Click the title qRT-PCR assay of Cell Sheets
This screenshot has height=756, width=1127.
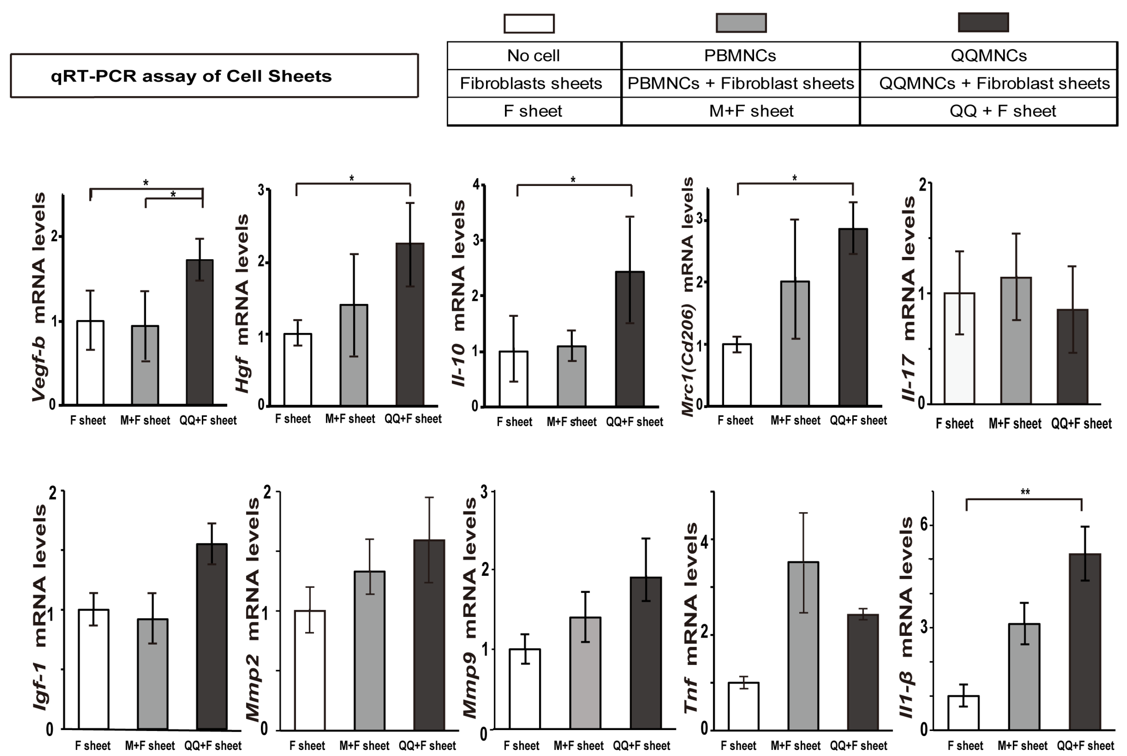pos(191,76)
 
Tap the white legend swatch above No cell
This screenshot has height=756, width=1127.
pos(529,24)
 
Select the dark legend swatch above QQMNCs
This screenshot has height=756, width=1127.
pos(983,23)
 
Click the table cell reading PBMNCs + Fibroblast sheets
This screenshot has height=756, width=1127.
pos(741,83)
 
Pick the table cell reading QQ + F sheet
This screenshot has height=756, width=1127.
pos(1003,111)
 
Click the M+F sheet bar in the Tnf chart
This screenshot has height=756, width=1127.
pos(803,646)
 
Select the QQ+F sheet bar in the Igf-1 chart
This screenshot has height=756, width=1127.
pos(212,637)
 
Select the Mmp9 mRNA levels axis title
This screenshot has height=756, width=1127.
pos(469,607)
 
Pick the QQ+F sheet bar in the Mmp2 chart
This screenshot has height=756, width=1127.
pos(429,634)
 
